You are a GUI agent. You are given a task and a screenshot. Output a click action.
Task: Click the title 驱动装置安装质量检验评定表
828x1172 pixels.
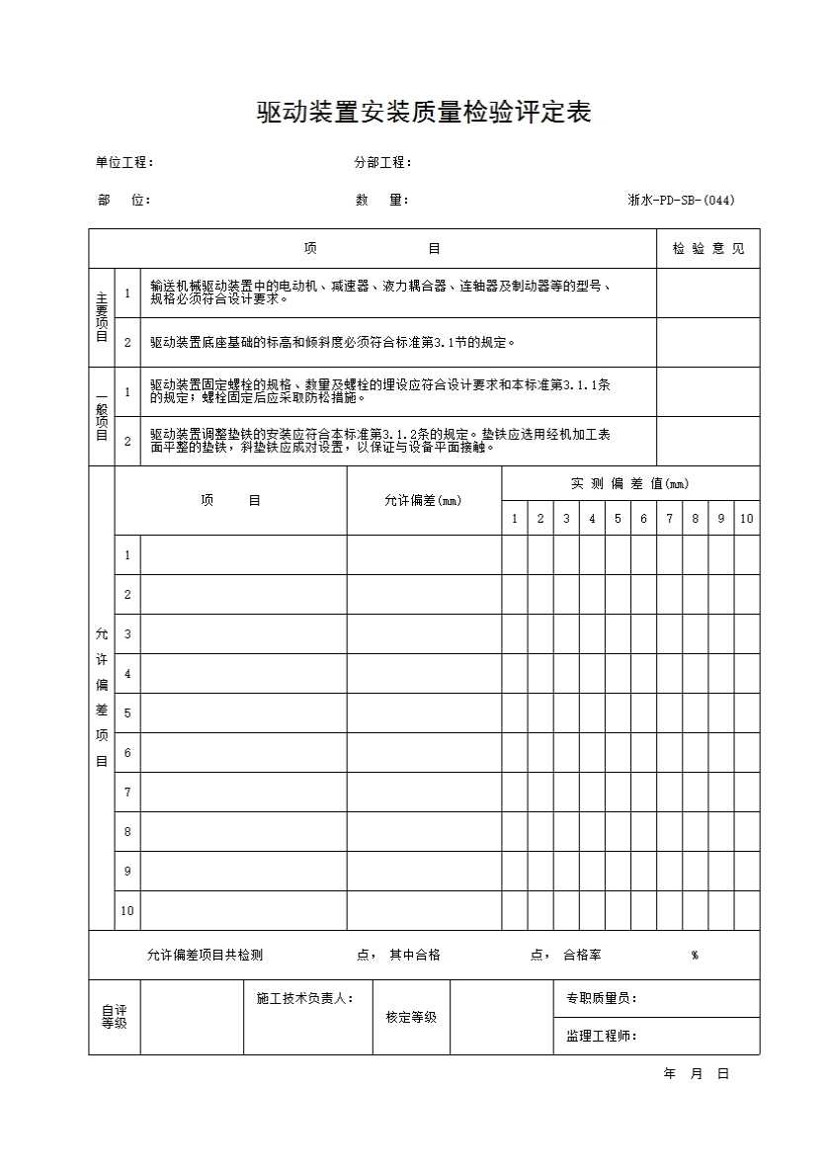coord(424,114)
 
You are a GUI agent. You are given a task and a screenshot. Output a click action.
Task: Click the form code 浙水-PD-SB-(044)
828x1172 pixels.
coord(681,200)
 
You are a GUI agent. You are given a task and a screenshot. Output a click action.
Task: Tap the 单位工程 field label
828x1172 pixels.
coord(124,163)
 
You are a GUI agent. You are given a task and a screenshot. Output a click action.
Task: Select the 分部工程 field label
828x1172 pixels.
coord(383,163)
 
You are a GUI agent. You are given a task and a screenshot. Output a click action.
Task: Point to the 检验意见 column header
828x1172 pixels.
coord(708,249)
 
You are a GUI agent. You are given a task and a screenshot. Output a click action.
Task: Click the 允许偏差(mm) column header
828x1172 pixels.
coord(423,501)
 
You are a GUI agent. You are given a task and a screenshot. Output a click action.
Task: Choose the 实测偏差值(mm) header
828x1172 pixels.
coord(629,484)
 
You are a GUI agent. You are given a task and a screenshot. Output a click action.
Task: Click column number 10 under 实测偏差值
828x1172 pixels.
coord(747,519)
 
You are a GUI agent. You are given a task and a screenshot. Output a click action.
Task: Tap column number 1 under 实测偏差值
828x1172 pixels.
coord(515,519)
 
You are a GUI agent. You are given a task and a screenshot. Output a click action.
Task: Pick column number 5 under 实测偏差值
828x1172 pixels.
coord(618,519)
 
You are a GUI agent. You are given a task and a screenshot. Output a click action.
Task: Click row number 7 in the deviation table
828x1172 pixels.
coord(127,793)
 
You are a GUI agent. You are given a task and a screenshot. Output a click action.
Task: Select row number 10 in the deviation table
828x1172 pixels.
coord(127,911)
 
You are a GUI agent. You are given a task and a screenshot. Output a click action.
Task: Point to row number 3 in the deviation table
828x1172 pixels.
coord(127,634)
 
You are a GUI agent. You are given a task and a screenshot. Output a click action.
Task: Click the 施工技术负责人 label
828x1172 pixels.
coord(305,999)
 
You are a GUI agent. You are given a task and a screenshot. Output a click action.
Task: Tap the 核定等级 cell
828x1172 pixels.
coord(411,1017)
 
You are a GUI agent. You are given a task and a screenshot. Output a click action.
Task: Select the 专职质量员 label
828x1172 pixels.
coord(602,999)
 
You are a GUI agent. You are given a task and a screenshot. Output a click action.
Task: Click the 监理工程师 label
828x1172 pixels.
coord(602,1036)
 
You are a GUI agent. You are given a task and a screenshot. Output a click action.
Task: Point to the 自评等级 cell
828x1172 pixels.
coord(115,1017)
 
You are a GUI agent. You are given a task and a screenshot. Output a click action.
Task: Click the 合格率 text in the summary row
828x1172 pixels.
coord(582,955)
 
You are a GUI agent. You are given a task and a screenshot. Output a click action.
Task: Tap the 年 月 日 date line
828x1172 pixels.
coord(697,1074)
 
